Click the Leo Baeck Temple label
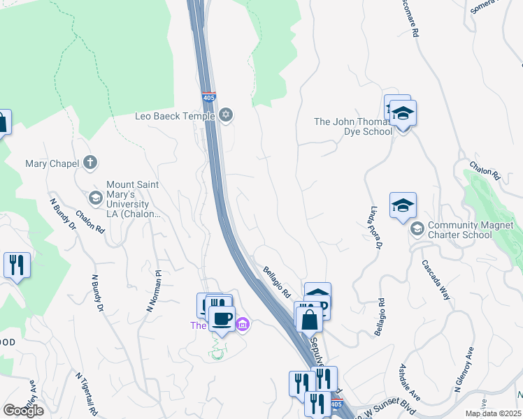pos(174,117)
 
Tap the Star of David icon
pos(225,115)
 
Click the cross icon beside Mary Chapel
pos(89,163)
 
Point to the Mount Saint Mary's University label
pos(133,199)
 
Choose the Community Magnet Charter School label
pos(469,230)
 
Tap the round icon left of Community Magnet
pos(417,229)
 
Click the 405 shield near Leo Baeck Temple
pos(208,98)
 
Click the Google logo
pos(23,411)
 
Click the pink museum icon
pos(243,324)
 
